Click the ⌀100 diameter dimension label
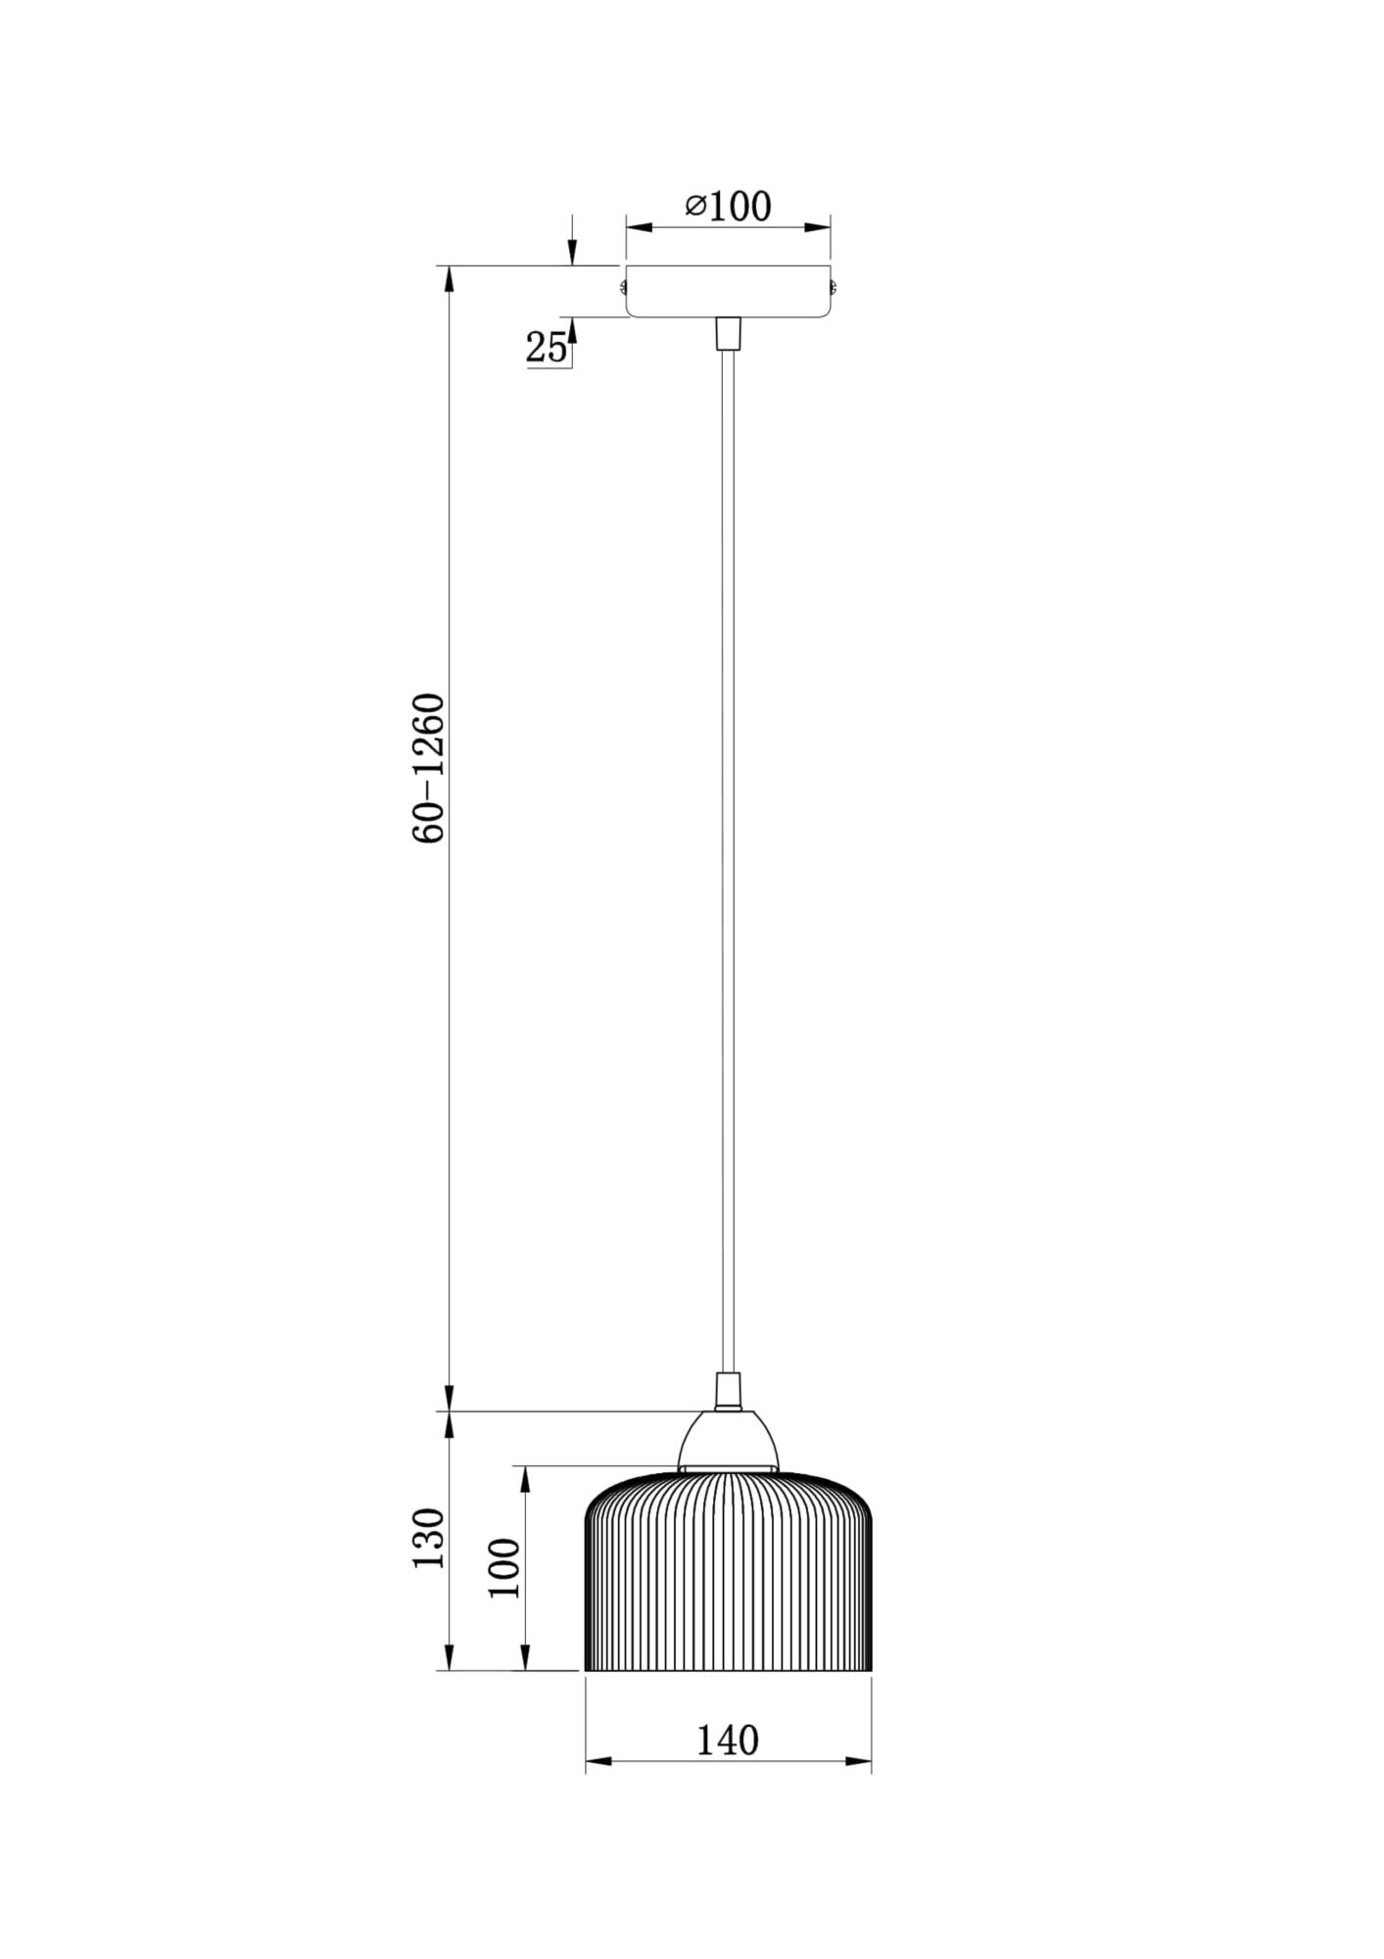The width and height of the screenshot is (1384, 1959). (x=728, y=206)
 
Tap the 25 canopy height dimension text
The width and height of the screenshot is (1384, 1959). (x=547, y=347)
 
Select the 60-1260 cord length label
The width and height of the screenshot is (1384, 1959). (x=429, y=768)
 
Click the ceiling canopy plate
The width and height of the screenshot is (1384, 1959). (x=728, y=291)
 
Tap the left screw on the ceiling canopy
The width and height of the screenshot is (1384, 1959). (x=622, y=287)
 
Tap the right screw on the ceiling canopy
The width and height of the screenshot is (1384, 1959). (x=834, y=287)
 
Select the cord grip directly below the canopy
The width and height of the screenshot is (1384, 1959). (x=728, y=333)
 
